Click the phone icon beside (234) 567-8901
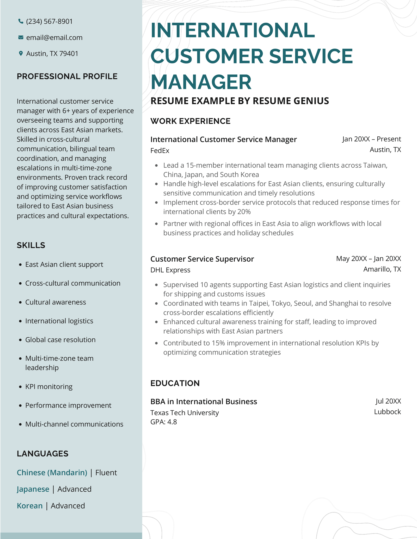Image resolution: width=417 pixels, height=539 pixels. point(21,21)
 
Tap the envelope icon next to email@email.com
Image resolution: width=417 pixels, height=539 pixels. point(21,37)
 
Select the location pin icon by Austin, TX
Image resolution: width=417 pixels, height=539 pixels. point(21,53)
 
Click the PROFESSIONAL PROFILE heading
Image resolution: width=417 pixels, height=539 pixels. point(67,76)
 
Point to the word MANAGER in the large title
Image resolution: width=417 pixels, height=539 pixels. point(201,82)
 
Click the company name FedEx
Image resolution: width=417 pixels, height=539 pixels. point(160,150)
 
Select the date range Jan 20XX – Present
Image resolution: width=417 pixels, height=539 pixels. point(371,139)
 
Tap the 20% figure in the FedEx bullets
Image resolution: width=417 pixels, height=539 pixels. point(244,212)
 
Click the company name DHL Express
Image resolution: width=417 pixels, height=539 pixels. point(170,270)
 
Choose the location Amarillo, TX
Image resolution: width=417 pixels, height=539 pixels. point(382,269)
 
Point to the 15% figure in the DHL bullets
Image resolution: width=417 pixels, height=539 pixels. point(218,343)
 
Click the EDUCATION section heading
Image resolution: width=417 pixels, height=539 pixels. point(175,383)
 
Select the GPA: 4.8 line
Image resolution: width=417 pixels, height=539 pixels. point(163,422)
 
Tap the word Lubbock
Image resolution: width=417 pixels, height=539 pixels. point(387,412)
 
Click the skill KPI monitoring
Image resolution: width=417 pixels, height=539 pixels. point(49,386)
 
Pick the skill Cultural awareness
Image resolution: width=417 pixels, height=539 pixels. point(56,302)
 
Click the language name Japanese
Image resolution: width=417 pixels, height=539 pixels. point(33,489)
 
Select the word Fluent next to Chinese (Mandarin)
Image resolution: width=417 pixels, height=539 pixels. point(106,473)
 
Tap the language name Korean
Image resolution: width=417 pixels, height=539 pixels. point(30,506)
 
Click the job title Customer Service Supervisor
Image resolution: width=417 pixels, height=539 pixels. point(202,259)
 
